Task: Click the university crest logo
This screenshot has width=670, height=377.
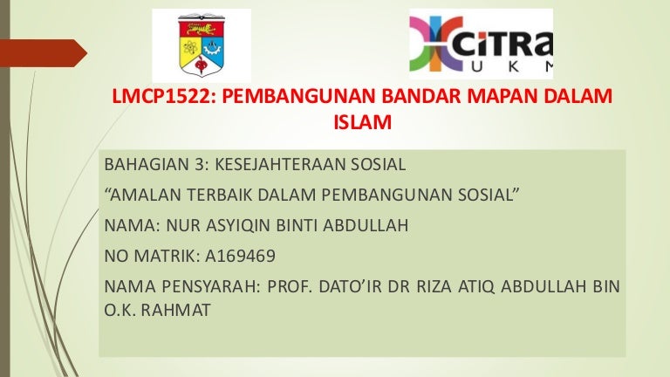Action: click(x=202, y=45)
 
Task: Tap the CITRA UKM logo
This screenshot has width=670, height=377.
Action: click(x=481, y=44)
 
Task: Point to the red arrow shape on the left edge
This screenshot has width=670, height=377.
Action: click(x=43, y=53)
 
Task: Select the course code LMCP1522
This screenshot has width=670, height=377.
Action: click(x=161, y=96)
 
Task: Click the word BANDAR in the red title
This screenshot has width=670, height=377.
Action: click(x=420, y=96)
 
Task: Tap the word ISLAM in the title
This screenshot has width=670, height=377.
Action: click(x=362, y=122)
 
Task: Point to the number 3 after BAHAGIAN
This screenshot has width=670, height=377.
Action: click(x=201, y=164)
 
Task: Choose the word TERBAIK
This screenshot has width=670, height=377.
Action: click(x=219, y=195)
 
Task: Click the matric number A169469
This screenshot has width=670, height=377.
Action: click(x=240, y=256)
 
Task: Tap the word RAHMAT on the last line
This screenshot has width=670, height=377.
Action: click(x=175, y=311)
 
